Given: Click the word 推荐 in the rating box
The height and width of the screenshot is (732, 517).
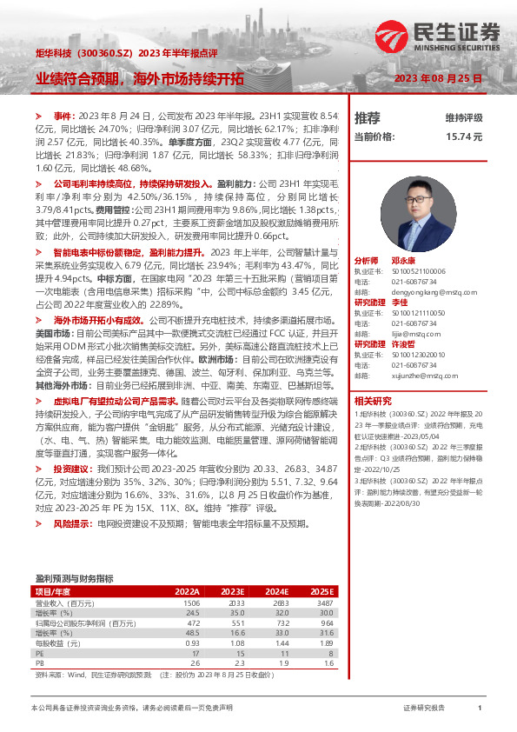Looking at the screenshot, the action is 368,117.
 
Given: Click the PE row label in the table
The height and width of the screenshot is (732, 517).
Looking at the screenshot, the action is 40,651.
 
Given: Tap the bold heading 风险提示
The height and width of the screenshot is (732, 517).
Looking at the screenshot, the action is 71,524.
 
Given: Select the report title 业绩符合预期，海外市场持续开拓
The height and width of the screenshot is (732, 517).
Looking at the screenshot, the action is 139,77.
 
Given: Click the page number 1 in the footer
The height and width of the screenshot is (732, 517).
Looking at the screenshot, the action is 480,709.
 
